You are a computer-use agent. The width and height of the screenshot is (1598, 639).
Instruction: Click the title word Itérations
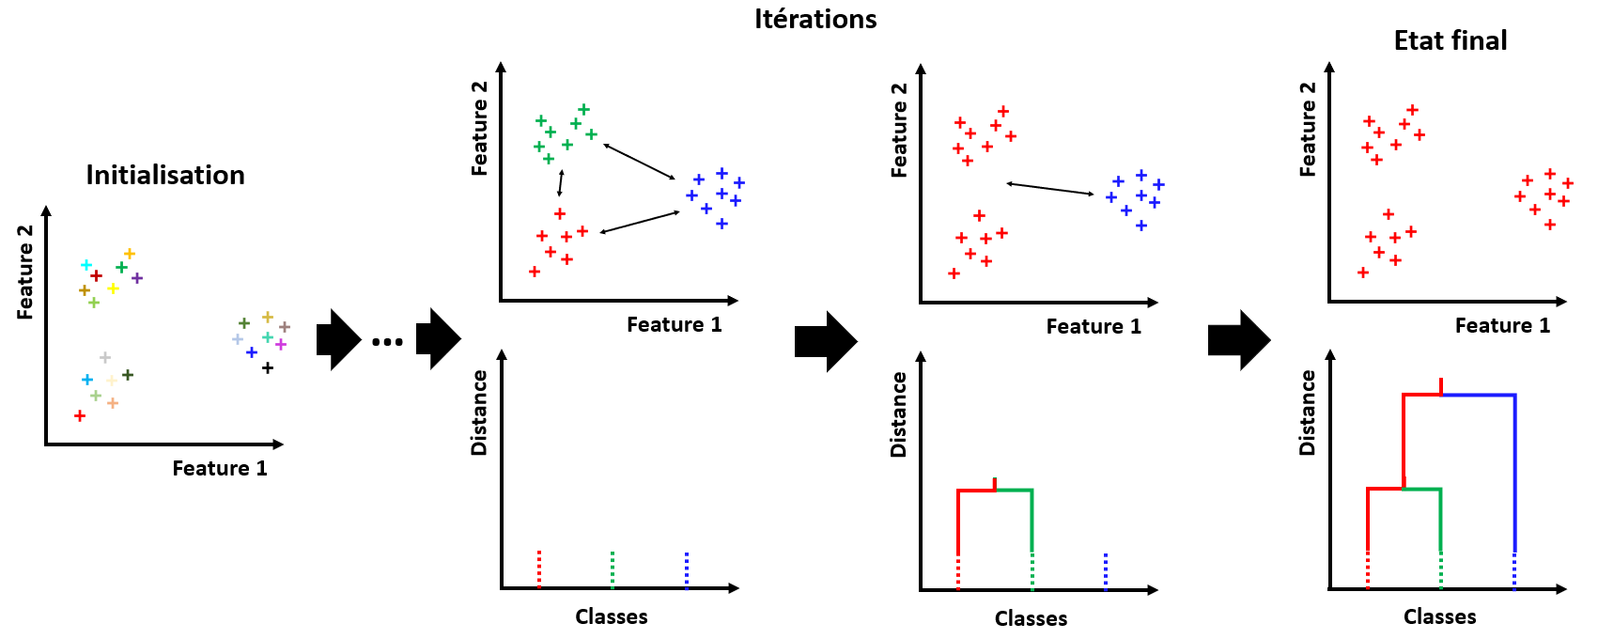point(815,20)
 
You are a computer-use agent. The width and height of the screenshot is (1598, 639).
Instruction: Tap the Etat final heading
point(1451,41)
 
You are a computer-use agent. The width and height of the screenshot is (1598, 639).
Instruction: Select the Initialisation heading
point(165,176)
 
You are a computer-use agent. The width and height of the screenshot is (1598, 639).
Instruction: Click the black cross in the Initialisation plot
point(268,368)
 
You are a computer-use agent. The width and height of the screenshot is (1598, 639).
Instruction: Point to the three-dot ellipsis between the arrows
point(387,341)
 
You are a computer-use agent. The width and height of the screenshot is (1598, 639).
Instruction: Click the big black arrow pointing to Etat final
point(1238,339)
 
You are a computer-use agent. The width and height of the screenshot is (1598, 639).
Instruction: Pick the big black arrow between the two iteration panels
point(825,340)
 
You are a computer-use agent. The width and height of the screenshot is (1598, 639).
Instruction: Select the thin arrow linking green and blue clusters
point(640,161)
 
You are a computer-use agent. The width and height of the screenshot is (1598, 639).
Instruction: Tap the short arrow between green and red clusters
point(561,182)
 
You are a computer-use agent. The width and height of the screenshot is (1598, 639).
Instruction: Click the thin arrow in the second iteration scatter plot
point(1050,189)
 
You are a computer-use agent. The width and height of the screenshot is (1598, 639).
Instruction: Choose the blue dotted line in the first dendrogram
point(687,569)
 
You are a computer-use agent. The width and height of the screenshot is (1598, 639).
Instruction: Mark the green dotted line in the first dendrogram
point(613,569)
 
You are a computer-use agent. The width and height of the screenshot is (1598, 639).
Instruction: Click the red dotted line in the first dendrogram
point(539,569)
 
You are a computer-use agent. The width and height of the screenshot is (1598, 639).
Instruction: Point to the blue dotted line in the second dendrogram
point(1106,571)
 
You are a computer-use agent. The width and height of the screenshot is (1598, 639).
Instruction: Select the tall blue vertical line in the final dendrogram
point(1514,470)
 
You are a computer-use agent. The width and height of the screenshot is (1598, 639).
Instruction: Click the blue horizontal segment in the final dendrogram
point(1478,395)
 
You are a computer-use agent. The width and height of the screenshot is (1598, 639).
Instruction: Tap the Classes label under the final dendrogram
point(1439,617)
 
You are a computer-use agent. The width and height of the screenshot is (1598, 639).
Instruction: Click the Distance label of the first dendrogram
point(480,413)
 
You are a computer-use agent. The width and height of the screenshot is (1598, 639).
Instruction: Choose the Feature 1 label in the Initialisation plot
point(220,469)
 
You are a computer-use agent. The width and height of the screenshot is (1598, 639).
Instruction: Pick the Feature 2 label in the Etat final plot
point(1308,129)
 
